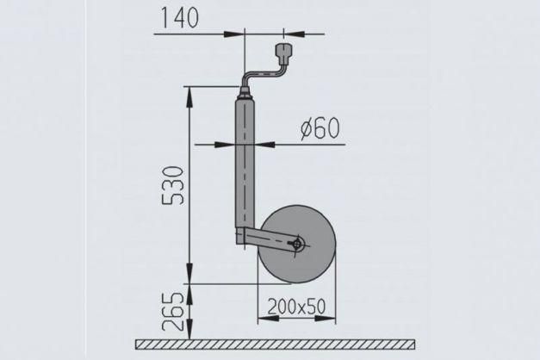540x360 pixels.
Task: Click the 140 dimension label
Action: pyautogui.click(x=180, y=18)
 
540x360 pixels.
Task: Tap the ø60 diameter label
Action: pyautogui.click(x=320, y=128)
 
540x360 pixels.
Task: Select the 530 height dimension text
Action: pyautogui.click(x=172, y=186)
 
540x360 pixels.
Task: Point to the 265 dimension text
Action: pyautogui.click(x=172, y=312)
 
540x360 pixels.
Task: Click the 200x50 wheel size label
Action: pyautogui.click(x=296, y=307)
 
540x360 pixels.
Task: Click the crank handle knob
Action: pyautogui.click(x=284, y=53)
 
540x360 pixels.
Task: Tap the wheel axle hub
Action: pyautogui.click(x=296, y=244)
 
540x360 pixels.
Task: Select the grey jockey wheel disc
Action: pyautogui.click(x=297, y=245)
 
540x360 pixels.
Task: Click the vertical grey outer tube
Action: pyautogui.click(x=245, y=163)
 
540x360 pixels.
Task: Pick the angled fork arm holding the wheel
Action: pyautogui.click(x=269, y=239)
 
